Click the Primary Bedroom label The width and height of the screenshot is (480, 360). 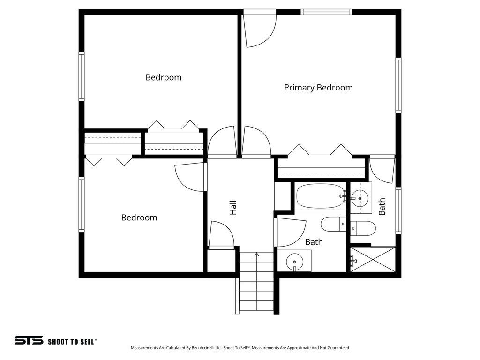(318, 88)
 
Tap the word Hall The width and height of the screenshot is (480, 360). (233, 208)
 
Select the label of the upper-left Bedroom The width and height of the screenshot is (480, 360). (163, 77)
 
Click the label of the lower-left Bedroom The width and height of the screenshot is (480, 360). (139, 217)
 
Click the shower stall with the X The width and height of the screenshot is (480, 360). (373, 259)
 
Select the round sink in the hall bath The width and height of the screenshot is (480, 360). (295, 261)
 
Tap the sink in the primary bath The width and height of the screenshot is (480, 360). (360, 198)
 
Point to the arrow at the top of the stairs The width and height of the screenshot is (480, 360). (256, 255)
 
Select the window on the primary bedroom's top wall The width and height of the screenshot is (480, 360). (326, 12)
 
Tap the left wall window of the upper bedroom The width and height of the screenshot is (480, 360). (82, 76)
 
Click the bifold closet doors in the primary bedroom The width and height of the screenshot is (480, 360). (320, 151)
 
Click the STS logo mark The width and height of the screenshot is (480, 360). (29, 340)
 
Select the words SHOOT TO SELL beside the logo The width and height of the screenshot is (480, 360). (73, 342)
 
